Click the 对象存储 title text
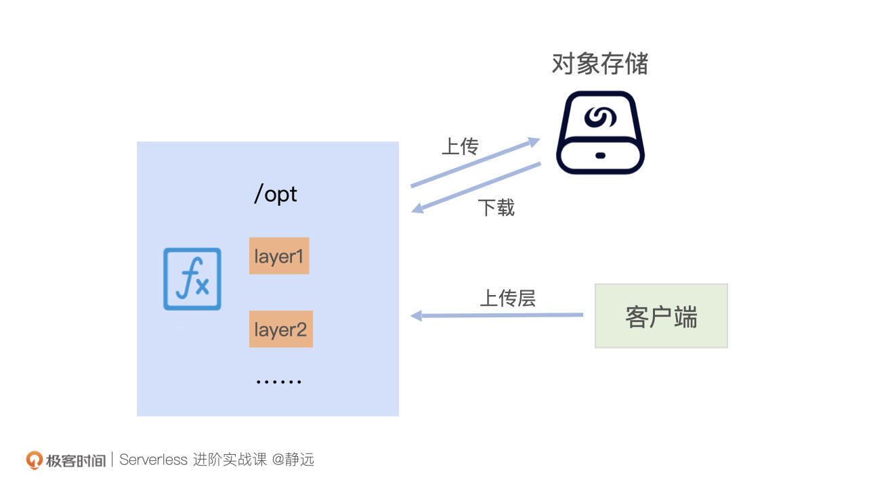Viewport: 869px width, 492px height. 600,64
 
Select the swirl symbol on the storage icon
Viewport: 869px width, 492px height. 600,117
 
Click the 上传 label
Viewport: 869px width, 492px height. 460,146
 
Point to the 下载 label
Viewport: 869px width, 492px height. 496,207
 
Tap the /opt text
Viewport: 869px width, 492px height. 276,194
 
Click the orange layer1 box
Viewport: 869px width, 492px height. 279,256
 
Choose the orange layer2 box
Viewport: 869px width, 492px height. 280,330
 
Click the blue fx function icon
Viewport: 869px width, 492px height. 192,279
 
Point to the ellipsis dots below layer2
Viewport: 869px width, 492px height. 278,382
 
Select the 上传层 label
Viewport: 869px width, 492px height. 508,298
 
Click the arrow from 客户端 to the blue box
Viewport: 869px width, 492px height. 497,315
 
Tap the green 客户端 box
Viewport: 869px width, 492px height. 661,316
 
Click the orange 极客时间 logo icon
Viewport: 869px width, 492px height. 34,460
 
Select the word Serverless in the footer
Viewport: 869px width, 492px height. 154,460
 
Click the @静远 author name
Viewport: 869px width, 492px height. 293,460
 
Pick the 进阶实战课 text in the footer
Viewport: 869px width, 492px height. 230,460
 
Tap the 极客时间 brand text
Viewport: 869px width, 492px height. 75,461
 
